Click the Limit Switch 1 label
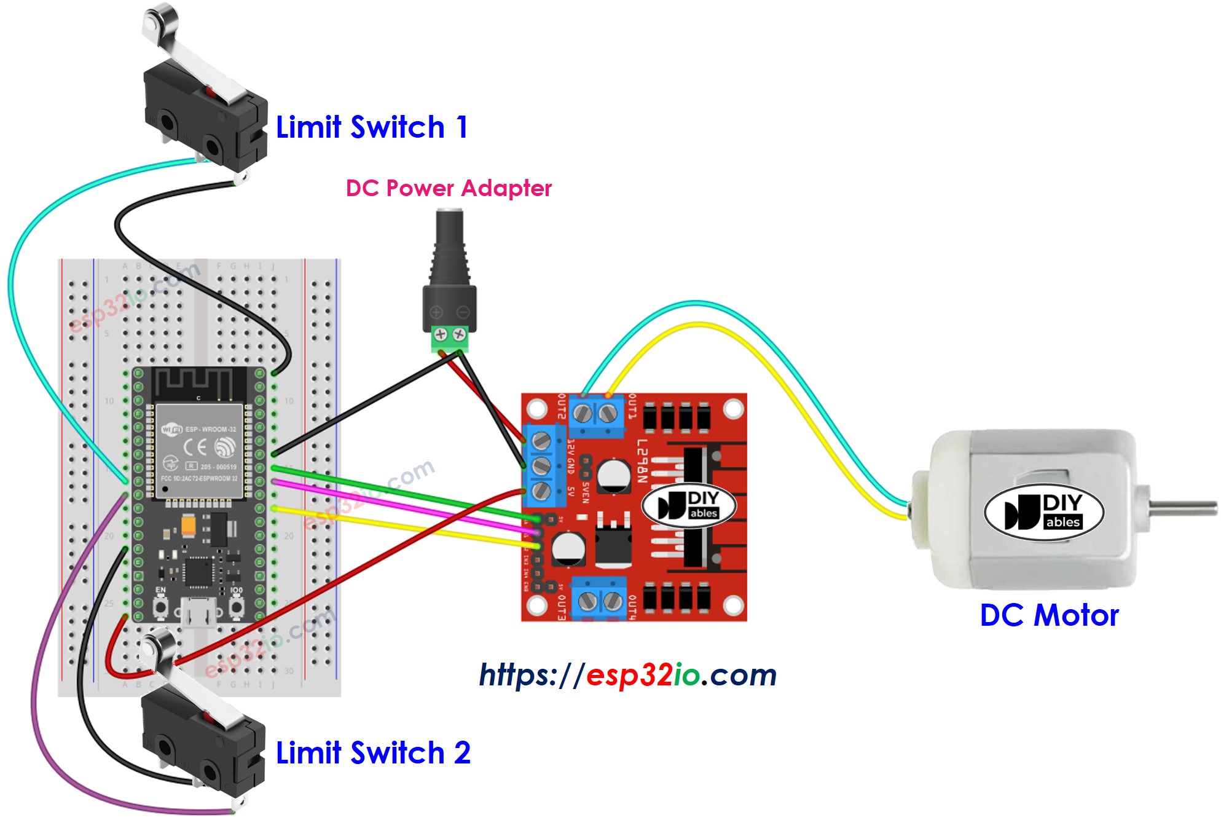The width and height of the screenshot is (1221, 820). (372, 127)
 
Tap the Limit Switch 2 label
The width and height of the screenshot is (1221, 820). (373, 753)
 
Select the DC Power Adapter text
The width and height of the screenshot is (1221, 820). (449, 188)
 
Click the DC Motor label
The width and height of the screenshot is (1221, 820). (1049, 615)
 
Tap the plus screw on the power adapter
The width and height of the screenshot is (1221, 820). (441, 334)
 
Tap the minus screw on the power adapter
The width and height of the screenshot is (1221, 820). (460, 334)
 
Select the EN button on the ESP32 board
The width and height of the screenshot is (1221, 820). (160, 607)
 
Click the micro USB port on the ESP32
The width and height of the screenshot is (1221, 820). (198, 614)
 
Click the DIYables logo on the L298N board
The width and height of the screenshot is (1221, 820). (689, 505)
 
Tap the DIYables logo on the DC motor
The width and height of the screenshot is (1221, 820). (1044, 512)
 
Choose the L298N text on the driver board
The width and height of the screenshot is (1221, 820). (642, 460)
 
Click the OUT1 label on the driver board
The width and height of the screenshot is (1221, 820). (631, 406)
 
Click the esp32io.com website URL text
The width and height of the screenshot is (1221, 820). (627, 675)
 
